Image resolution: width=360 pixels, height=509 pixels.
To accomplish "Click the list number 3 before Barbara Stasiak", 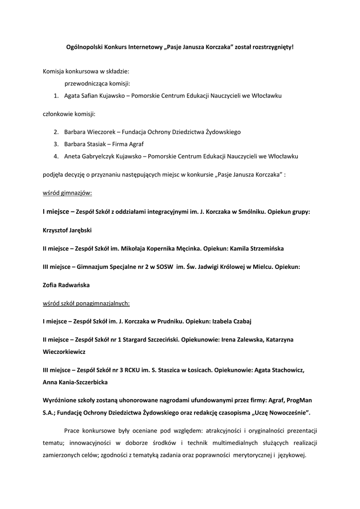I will point(56,144).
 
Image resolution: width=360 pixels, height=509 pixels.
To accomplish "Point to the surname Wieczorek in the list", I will point(100,132).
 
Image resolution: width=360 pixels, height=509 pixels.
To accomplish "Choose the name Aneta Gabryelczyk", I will point(90,156).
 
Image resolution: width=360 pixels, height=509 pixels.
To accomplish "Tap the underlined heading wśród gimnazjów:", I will point(67,192).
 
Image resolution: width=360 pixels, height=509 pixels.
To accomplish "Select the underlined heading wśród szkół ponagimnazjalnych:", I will point(86,303).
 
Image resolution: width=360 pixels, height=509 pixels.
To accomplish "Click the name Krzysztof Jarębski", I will point(67,230).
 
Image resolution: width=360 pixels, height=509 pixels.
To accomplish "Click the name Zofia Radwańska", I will point(67,285).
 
